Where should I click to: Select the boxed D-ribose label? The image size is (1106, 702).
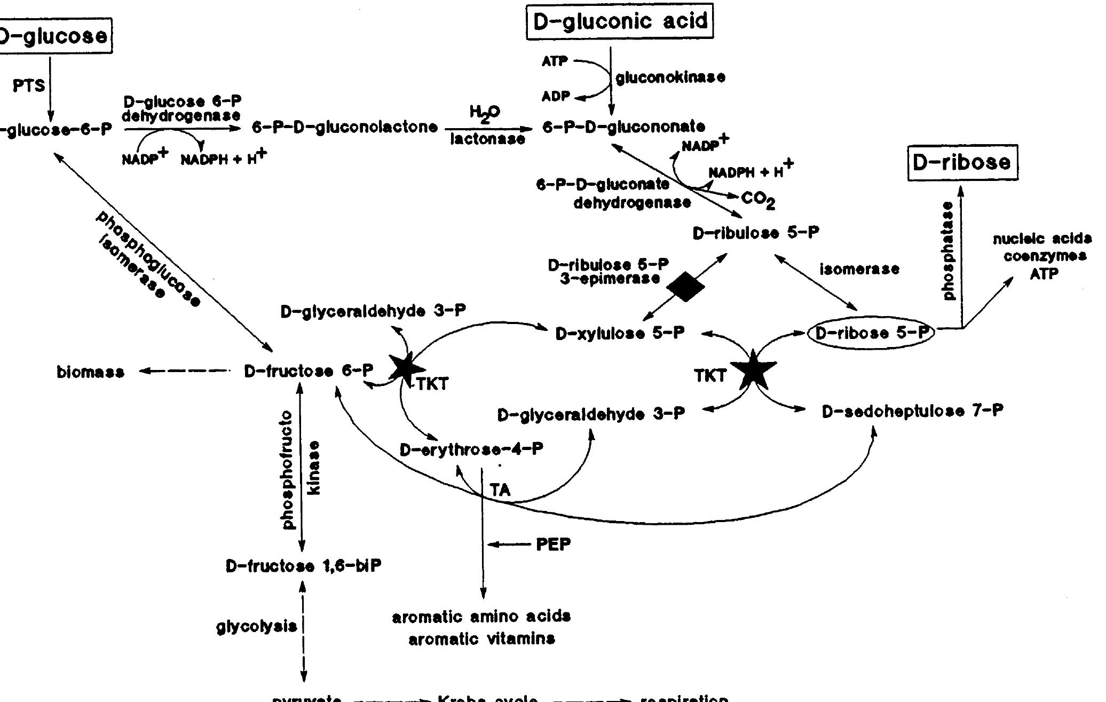pyautogui.click(x=962, y=162)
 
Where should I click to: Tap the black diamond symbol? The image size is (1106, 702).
pyautogui.click(x=686, y=287)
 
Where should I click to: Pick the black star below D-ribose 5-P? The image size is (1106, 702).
pyautogui.click(x=753, y=369)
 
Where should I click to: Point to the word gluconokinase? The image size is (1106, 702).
pyautogui.click(x=670, y=78)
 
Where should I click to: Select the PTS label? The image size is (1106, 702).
pyautogui.click(x=29, y=85)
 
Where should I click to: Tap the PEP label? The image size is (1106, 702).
pyautogui.click(x=553, y=545)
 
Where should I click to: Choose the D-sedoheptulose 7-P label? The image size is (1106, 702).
pyautogui.click(x=912, y=412)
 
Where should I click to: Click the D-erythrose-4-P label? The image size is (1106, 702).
pyautogui.click(x=471, y=449)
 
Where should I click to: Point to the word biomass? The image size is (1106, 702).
pyautogui.click(x=90, y=372)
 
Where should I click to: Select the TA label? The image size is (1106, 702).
pyautogui.click(x=500, y=490)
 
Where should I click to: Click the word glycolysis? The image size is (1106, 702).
pyautogui.click(x=257, y=626)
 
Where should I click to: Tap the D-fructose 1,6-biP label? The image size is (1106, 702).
pyautogui.click(x=304, y=566)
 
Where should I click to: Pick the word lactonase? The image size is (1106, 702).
pyautogui.click(x=487, y=140)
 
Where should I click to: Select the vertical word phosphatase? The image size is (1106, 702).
pyautogui.click(x=948, y=251)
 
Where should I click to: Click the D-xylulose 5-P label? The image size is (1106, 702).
pyautogui.click(x=620, y=334)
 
